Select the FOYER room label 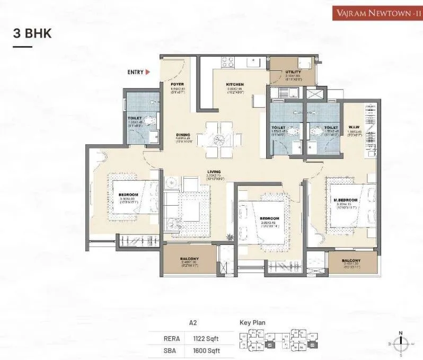[x=177, y=84]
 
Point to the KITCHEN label [x=234, y=84]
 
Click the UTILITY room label [x=293, y=72]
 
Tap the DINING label [x=183, y=135]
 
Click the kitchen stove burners [x=227, y=63]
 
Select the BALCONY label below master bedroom [x=351, y=261]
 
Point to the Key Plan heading [x=252, y=322]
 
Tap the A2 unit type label [x=193, y=322]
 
